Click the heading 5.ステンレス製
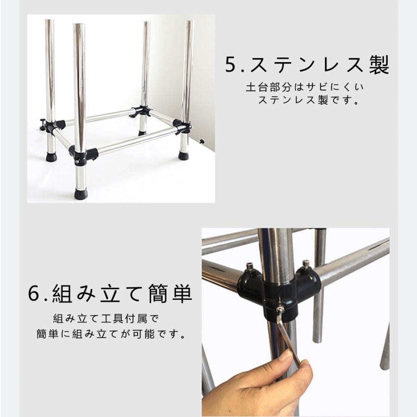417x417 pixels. pyautogui.click(x=307, y=64)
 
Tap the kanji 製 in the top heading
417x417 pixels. pyautogui.click(x=379, y=64)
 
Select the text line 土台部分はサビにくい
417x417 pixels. pyautogui.click(x=305, y=87)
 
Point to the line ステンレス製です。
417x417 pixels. pyautogui.click(x=309, y=100)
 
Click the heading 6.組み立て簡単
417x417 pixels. pyautogui.click(x=110, y=293)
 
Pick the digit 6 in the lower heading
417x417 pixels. pyautogui.click(x=34, y=294)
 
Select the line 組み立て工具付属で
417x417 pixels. pyautogui.click(x=106, y=319)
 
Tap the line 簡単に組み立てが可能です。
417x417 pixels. pyautogui.click(x=111, y=334)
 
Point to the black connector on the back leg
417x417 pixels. pyautogui.click(x=141, y=111)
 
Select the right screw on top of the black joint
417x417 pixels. pyautogui.click(x=306, y=264)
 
